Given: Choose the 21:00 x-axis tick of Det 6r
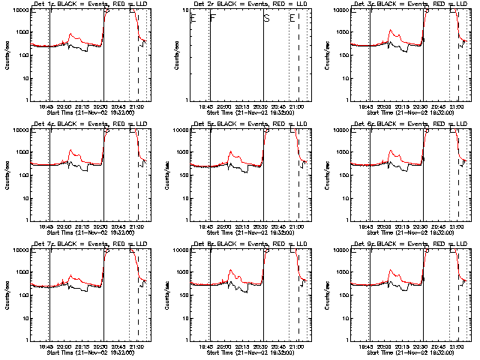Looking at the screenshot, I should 458,227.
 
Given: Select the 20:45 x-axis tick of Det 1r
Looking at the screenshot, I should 120,107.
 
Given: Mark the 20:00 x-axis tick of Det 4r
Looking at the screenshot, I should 63,227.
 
